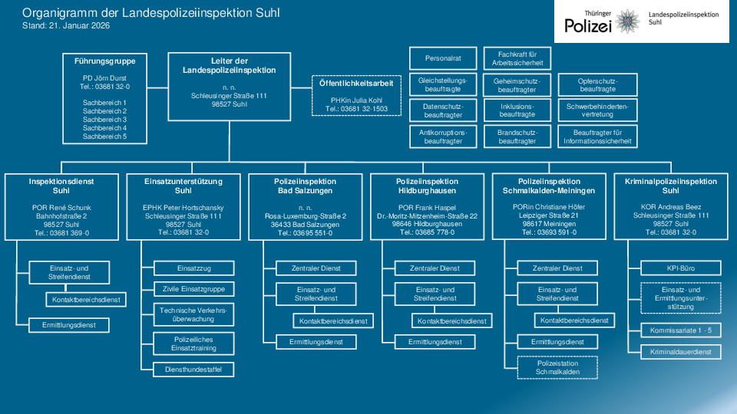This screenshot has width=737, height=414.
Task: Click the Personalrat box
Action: (x=443, y=58)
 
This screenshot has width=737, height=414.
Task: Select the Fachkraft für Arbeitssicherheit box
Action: (x=517, y=58)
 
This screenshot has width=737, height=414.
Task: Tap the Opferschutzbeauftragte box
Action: (x=597, y=84)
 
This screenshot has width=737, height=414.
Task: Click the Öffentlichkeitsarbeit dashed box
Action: (x=356, y=95)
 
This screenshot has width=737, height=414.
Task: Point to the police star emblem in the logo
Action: (x=627, y=21)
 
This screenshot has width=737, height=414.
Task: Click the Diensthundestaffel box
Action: (x=193, y=370)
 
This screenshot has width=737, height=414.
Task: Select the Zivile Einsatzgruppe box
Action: (x=193, y=289)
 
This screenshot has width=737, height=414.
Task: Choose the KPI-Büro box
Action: (x=681, y=268)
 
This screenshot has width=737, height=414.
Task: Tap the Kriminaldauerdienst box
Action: (x=681, y=352)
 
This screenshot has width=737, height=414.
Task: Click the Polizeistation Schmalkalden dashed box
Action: (x=557, y=367)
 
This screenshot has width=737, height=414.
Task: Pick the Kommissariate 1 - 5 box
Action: (x=681, y=330)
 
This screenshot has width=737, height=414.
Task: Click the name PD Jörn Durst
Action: (x=104, y=78)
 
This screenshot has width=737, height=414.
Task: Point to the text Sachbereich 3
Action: (x=104, y=120)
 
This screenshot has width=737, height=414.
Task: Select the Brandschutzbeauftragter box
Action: (x=517, y=136)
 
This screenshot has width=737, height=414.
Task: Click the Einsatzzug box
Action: (x=193, y=268)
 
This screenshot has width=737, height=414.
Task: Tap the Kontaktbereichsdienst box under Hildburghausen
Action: (x=451, y=321)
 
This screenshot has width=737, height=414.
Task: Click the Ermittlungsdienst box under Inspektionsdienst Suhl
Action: (x=68, y=325)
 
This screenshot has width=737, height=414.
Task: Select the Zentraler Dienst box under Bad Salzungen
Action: (x=316, y=268)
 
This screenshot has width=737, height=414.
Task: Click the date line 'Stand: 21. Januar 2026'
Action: (x=66, y=26)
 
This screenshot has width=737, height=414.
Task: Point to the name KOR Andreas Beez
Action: (x=671, y=206)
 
